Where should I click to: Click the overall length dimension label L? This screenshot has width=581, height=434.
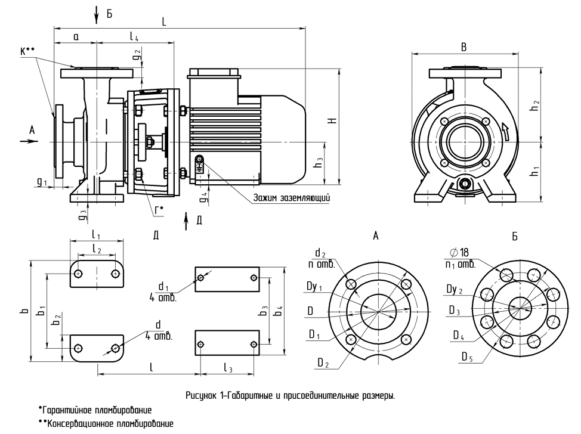(164, 22)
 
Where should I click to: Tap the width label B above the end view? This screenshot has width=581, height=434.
(463, 48)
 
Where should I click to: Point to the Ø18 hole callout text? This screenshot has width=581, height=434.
(459, 253)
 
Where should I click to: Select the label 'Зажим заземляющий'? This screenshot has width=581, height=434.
(291, 197)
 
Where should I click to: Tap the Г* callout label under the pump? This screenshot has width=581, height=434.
(159, 210)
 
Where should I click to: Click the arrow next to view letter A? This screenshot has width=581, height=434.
(29, 141)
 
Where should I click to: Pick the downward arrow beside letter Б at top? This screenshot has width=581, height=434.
(97, 15)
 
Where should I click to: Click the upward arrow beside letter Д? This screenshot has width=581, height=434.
(186, 221)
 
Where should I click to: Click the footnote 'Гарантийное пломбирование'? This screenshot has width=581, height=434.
(95, 410)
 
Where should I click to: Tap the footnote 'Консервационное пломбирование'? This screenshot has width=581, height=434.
(106, 424)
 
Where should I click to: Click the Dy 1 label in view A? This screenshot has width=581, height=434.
(314, 287)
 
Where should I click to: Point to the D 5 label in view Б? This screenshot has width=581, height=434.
(467, 356)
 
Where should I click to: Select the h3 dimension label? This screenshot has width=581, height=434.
(318, 163)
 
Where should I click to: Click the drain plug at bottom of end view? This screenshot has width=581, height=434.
(464, 184)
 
